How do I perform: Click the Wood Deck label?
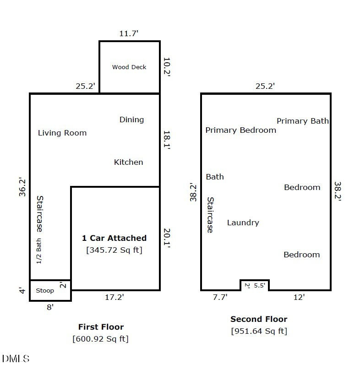tap(129, 67)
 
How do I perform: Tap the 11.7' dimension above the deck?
tap(129, 33)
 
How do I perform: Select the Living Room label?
tap(62, 133)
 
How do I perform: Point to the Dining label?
tap(131, 120)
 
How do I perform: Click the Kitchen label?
tap(128, 162)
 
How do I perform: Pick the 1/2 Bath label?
tap(39, 251)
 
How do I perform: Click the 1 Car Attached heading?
tap(115, 238)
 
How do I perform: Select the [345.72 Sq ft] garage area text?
tap(115, 250)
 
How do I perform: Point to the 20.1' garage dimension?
tap(167, 238)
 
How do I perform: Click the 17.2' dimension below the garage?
tap(115, 297)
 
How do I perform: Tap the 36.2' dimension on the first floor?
tap(22, 187)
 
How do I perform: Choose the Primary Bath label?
tap(303, 121)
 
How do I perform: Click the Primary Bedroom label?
tap(241, 130)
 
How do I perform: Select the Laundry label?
tap(243, 223)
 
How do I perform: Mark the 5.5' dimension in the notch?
tap(260, 285)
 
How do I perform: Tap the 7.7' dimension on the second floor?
tap(220, 297)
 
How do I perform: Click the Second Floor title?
tap(259, 319)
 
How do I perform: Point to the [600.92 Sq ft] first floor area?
tap(100, 339)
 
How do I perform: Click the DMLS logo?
tap(16, 359)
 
